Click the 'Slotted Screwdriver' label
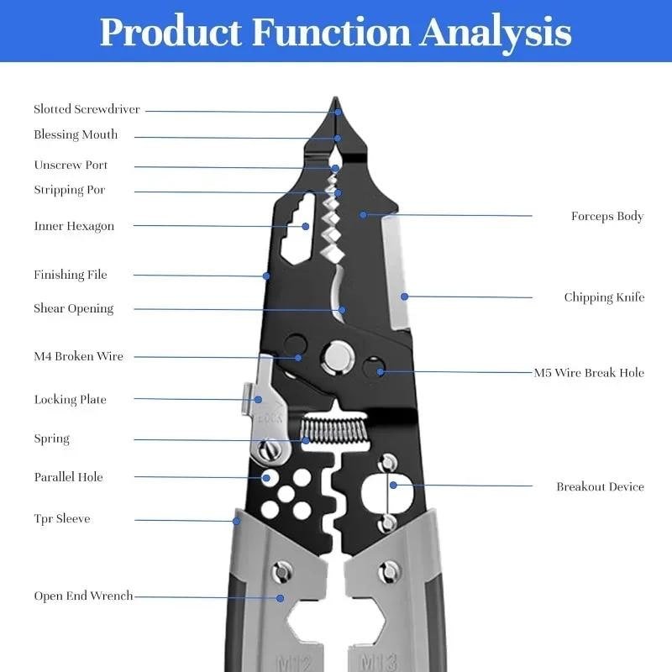coord(87,109)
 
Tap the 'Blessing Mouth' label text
coord(76,134)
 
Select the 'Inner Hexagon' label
coord(74,226)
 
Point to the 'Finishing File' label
coord(71,275)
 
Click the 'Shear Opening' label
coord(73,308)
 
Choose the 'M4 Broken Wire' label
coord(78,356)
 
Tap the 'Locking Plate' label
coord(70,400)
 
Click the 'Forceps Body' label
coord(606,216)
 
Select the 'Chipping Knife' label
coord(604,297)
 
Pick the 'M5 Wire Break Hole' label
coord(589,372)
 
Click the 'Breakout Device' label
coord(600,486)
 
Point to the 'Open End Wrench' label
coord(83,596)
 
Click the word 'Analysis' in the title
coord(496,32)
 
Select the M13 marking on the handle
coord(377,661)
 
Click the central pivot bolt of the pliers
coord(339,355)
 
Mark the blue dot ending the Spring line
coord(306,439)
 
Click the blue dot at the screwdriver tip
coord(338,112)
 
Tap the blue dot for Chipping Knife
coord(404,297)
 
